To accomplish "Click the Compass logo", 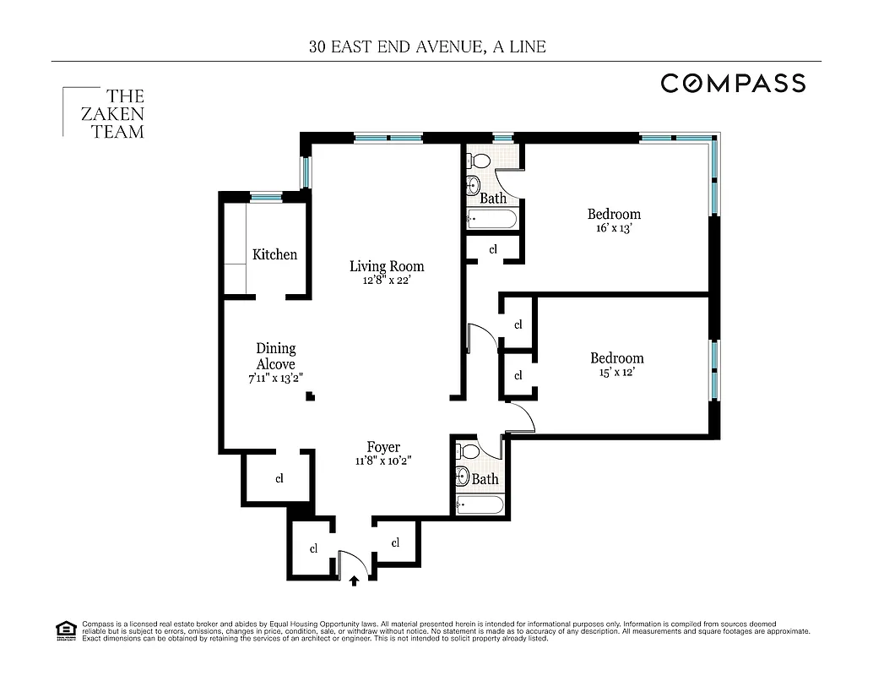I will pos(732,83).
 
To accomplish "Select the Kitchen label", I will pos(274,254).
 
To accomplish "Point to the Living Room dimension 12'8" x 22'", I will pos(387,281).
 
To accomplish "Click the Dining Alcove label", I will pos(275,356).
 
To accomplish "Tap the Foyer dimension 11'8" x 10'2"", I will pos(383,461).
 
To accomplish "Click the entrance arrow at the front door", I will pos(354,581).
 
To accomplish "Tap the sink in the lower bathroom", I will pos(462,476).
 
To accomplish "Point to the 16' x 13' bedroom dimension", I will pos(614,228).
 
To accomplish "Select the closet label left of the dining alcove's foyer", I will pos(279,478).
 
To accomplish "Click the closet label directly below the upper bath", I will pos(493,249).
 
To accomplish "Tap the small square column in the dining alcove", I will pos(310,395).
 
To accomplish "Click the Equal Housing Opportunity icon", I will pos(65,630).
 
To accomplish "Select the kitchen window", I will pos(266,197).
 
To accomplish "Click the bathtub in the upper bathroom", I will pos(491,220).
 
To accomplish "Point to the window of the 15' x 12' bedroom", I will pos(714,369).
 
